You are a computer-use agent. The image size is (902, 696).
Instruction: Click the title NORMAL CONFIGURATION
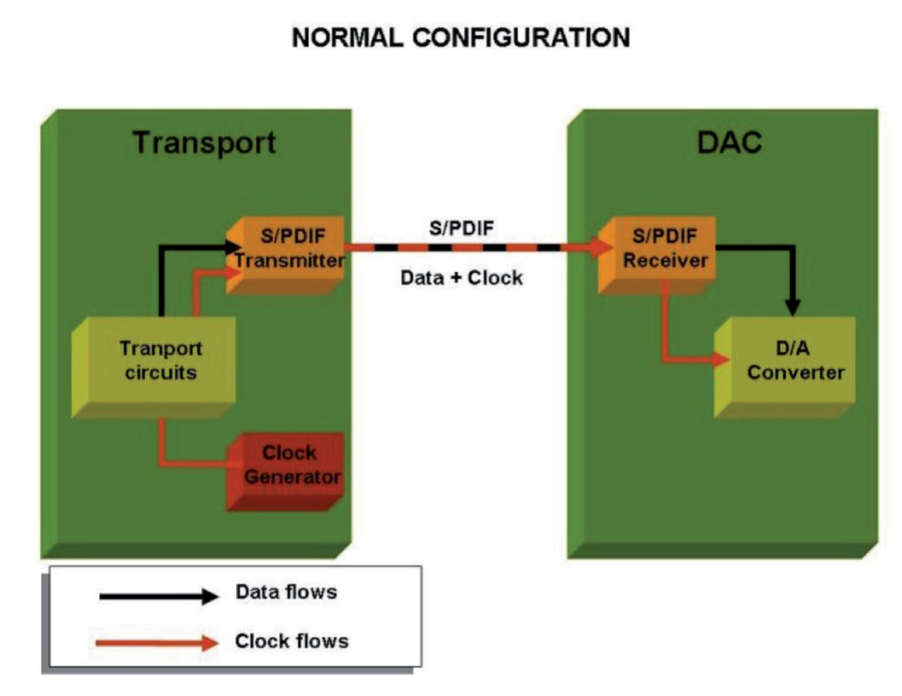click(461, 38)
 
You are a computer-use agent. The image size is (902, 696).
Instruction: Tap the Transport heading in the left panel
click(204, 143)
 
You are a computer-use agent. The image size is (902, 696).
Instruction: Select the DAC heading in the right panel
click(729, 143)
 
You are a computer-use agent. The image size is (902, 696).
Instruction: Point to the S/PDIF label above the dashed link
click(461, 228)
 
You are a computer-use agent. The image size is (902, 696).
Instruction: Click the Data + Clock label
click(461, 278)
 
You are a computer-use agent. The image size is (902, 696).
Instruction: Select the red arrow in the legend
click(157, 643)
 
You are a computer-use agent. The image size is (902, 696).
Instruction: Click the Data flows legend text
click(286, 592)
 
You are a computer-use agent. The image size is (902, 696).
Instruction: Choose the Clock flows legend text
click(291, 641)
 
